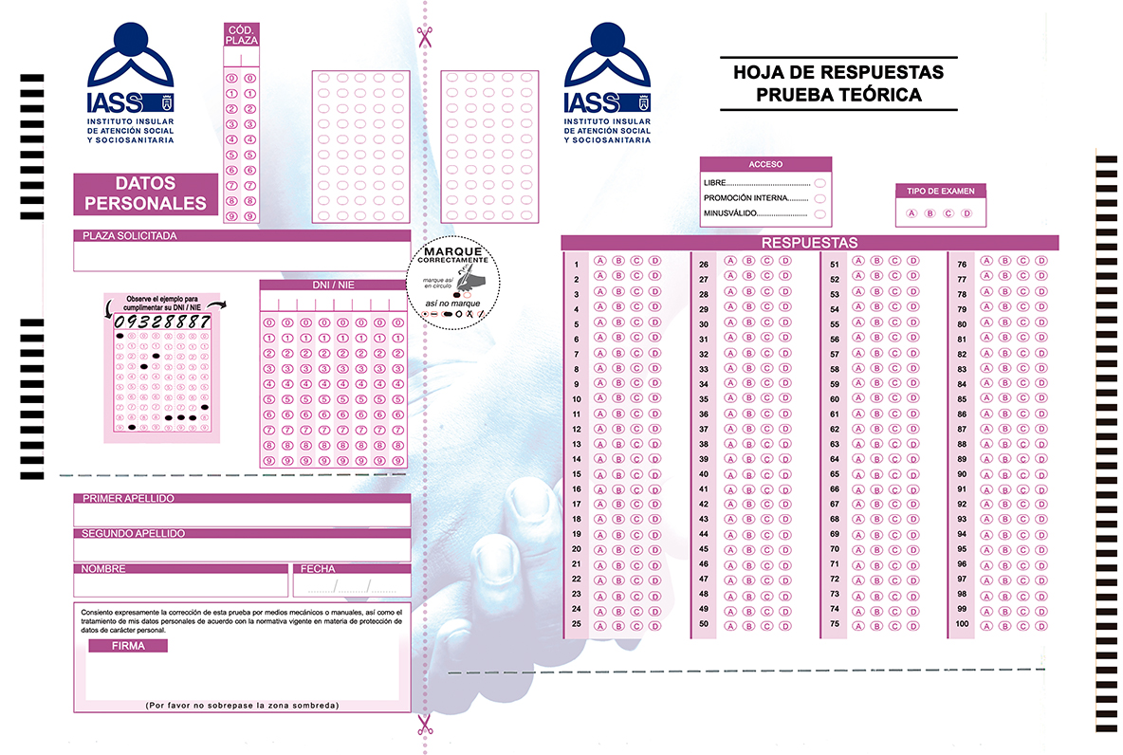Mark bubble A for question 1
[x=599, y=261]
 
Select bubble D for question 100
[x=1040, y=626]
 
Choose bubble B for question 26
[x=747, y=261]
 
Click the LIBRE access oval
[x=819, y=183]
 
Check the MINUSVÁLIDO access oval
[x=819, y=215]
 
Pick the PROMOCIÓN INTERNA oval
[x=819, y=199]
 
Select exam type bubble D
[x=967, y=213]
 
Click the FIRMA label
[x=128, y=646]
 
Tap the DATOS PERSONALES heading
[x=146, y=193]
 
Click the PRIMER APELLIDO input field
[x=242, y=514]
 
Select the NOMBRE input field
[x=180, y=585]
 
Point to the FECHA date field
[x=352, y=585]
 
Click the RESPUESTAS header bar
[x=809, y=243]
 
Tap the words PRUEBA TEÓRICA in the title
[x=838, y=95]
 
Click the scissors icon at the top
[x=424, y=37]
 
